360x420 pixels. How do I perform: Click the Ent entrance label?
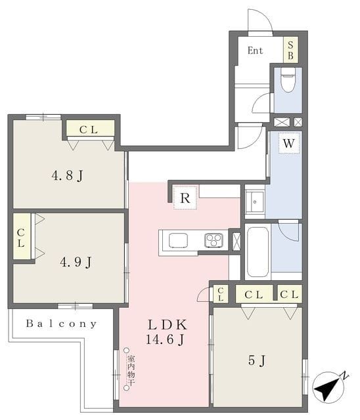(255, 51)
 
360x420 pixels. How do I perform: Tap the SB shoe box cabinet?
(291, 50)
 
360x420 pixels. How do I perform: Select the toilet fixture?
(288, 79)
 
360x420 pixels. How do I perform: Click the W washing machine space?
(288, 143)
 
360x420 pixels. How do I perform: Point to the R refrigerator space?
(185, 198)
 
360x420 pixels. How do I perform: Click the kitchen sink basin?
(178, 240)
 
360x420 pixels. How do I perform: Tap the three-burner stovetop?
(214, 240)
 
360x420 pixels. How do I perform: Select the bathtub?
(258, 252)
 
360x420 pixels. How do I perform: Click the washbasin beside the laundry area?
(255, 201)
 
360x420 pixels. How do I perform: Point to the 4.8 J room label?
(67, 176)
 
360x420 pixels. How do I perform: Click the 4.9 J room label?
(76, 262)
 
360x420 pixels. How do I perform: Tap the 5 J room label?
(257, 360)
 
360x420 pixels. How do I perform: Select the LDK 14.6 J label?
(166, 333)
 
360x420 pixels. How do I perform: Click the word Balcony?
(61, 324)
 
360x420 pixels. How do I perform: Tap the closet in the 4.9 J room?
(22, 236)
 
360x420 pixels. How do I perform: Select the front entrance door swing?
(260, 20)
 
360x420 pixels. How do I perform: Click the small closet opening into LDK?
(221, 294)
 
